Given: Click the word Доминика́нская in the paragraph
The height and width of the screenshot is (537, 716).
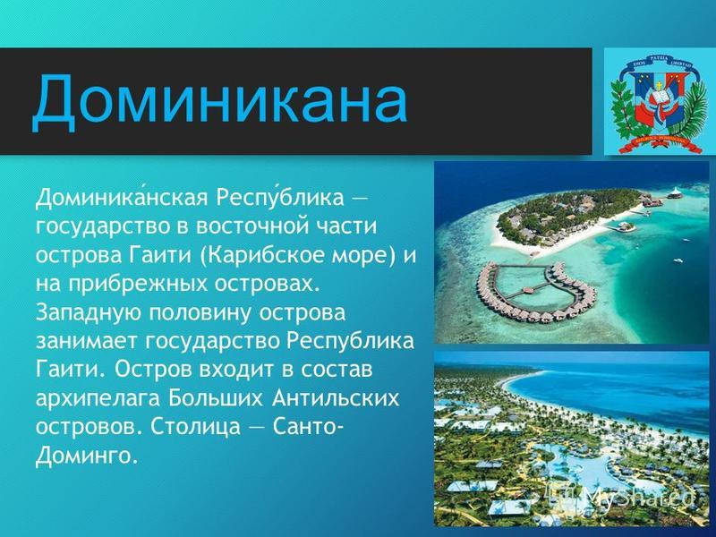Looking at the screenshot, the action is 122,198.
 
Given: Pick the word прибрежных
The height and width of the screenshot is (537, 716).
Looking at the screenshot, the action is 140,285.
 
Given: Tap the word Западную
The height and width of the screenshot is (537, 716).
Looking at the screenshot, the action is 89,312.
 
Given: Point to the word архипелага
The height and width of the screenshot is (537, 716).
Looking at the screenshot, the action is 98,398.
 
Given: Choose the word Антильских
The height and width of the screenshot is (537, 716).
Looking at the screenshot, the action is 336,397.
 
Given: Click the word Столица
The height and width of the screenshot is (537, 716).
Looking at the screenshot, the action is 195,427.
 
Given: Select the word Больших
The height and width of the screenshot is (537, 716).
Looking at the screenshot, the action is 216,397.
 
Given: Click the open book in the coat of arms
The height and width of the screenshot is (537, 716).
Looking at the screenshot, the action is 659,98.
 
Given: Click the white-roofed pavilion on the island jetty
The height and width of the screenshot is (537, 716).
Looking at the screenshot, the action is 674,193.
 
